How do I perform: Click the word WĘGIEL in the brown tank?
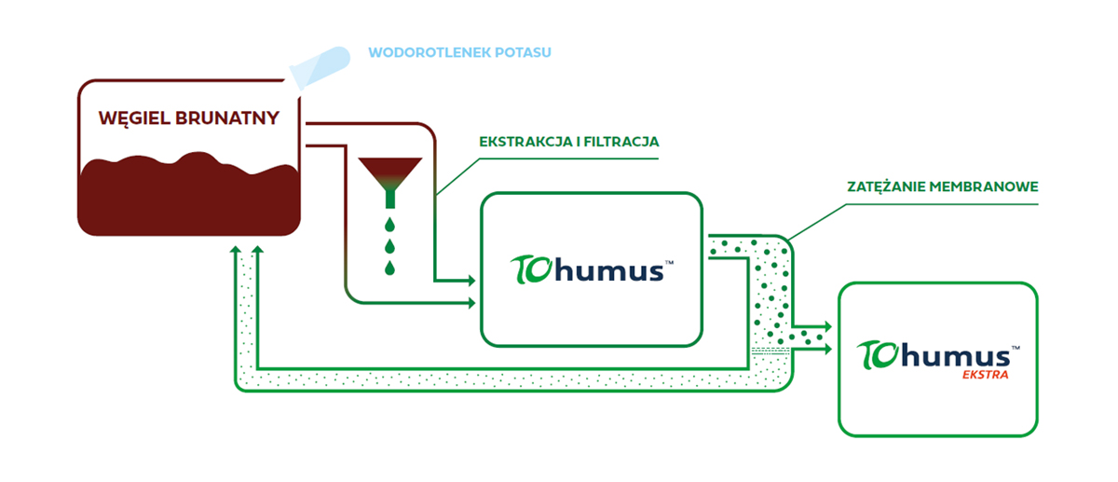tap(134, 119)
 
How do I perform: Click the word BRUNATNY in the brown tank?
tap(227, 117)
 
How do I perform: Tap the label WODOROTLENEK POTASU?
tap(459, 52)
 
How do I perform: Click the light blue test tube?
tap(320, 67)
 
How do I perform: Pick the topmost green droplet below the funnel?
tap(389, 225)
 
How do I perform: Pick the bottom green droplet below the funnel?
tap(389, 268)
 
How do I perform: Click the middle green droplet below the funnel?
tap(389, 246)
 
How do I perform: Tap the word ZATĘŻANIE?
tap(885, 186)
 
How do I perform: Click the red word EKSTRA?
tap(986, 375)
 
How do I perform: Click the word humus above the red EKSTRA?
tap(956, 355)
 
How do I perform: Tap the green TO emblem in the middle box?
tap(531, 269)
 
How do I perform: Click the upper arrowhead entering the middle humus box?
tap(471, 281)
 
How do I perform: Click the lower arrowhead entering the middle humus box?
tap(471, 303)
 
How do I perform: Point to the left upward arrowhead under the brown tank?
tap(236, 250)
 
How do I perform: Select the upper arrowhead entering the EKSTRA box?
tap(828, 326)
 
